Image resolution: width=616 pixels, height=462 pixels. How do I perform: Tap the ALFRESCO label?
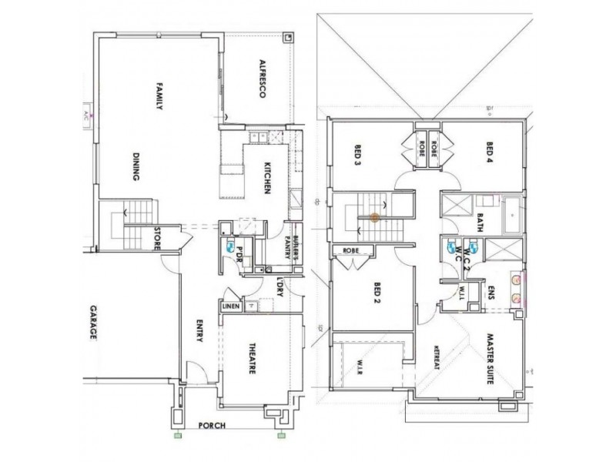pos(262,78)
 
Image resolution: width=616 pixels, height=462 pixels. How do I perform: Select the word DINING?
pos(136,166)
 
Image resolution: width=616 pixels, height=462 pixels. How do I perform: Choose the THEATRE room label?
pos(251,359)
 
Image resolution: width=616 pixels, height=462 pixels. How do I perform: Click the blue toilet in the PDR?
pos(230,248)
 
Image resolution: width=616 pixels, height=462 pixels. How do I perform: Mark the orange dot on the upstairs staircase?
pos(374,218)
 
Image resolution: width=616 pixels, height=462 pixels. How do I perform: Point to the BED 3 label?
pos(358,156)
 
